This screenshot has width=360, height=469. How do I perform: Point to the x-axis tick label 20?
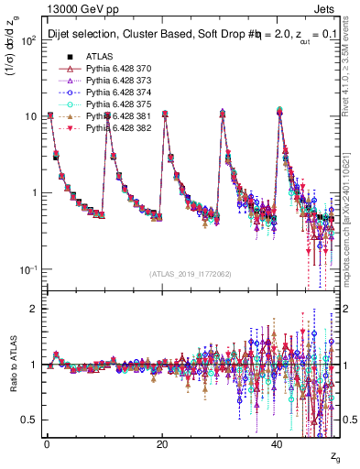[162, 442]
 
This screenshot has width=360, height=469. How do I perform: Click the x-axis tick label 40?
[277, 442]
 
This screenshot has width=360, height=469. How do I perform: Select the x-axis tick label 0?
[47, 442]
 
